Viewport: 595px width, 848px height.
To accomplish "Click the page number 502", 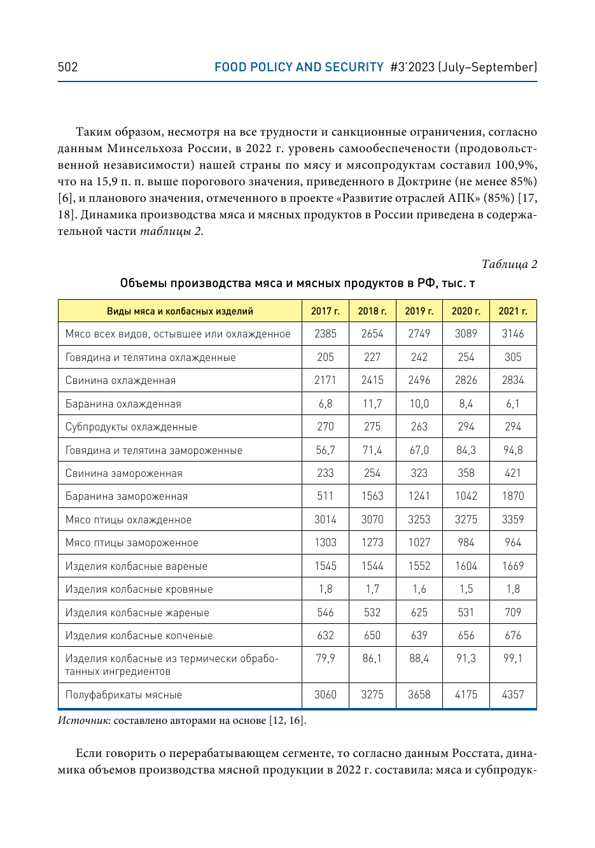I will tap(67, 67).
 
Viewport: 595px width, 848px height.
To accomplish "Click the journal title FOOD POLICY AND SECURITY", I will tap(298, 67).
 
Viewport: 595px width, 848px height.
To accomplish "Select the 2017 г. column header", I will tap(325, 311).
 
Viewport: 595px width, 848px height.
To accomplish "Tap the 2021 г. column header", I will tap(513, 311).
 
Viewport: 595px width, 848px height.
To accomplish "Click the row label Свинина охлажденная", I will tap(120, 381).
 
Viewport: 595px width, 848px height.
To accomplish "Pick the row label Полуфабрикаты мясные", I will tap(123, 695).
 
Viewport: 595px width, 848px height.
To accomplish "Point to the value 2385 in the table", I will tap(325, 334).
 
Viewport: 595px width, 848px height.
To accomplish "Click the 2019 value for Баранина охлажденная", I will tap(419, 404).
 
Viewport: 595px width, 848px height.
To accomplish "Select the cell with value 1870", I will tap(513, 497).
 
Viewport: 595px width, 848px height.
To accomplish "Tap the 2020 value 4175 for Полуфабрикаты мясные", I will tap(466, 695).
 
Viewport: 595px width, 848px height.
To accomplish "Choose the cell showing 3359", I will tap(513, 520).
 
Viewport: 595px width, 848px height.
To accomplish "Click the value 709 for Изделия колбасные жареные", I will tap(513, 612).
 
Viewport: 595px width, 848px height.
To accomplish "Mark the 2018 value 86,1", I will tap(372, 659).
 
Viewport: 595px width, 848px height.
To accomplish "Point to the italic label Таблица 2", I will tap(509, 264).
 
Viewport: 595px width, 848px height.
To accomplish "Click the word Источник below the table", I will tap(84, 721).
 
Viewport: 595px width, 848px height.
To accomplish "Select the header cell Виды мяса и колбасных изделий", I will tap(180, 311).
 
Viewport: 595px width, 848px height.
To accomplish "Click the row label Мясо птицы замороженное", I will tap(132, 543).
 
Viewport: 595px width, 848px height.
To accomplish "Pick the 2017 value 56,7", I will tap(325, 451).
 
